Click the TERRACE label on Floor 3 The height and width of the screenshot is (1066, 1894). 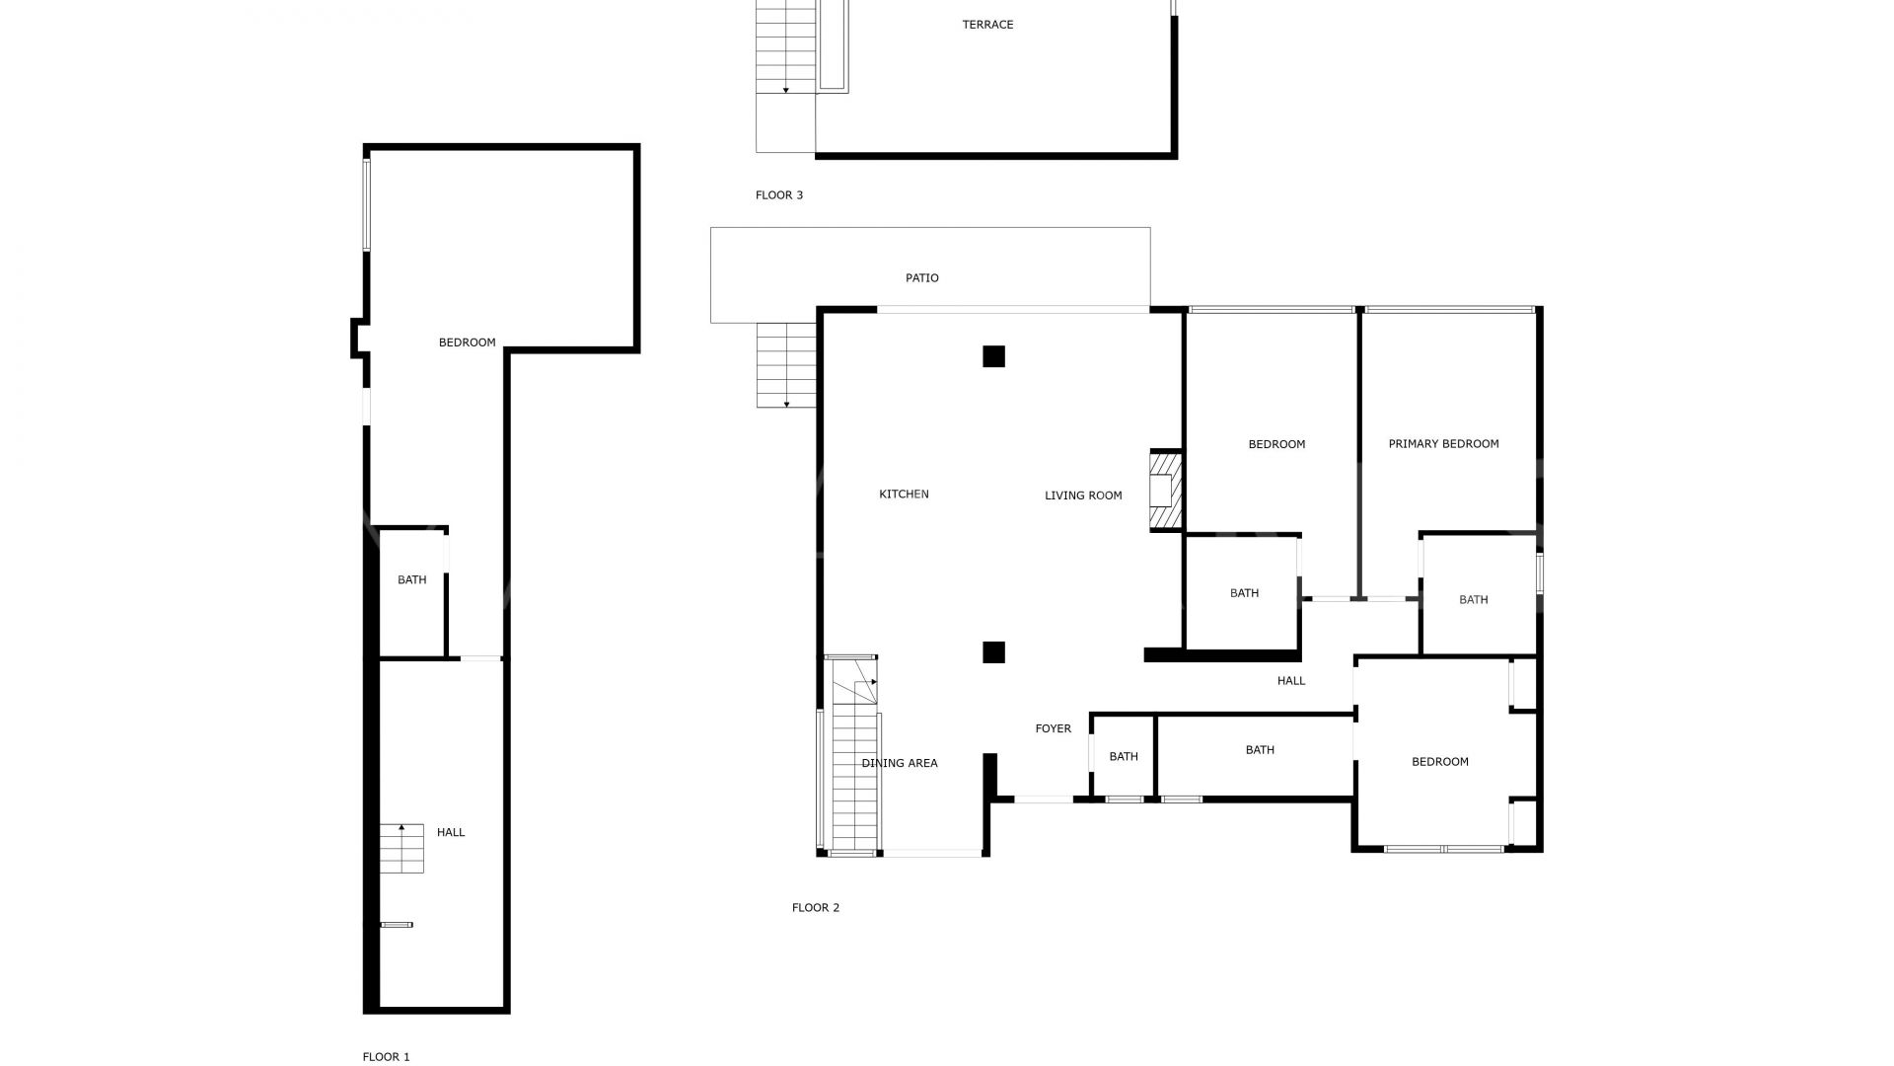pos(987,25)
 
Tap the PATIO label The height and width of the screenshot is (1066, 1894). pos(922,278)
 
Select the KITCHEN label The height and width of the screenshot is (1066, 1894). pos(904,495)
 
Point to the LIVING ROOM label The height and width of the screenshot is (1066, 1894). pos(1083,495)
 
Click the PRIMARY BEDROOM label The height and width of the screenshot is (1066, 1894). pos(1443,444)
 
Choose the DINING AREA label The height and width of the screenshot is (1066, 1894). pos(900,763)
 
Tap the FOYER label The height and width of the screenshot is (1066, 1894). pos(1053,728)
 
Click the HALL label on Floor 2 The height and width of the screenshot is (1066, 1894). pos(1291,680)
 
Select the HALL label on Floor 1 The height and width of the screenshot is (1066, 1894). pos(451,832)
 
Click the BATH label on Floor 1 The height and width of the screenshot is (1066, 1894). pos(412,579)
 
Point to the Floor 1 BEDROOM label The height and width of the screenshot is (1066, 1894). pos(468,343)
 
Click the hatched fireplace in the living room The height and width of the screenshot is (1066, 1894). pos(1165,491)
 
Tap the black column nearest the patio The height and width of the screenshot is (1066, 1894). pos(993,356)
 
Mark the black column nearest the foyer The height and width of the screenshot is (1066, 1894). pos(993,652)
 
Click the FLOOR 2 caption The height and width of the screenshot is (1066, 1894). pos(816,908)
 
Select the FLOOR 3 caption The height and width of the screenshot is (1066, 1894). pos(779,195)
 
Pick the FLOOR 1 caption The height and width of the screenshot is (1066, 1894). pos(386,1057)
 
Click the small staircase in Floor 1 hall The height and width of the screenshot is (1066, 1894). pos(401,848)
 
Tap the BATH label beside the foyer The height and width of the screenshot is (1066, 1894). pos(1124,757)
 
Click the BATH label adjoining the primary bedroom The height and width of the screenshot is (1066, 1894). pos(1473,599)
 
